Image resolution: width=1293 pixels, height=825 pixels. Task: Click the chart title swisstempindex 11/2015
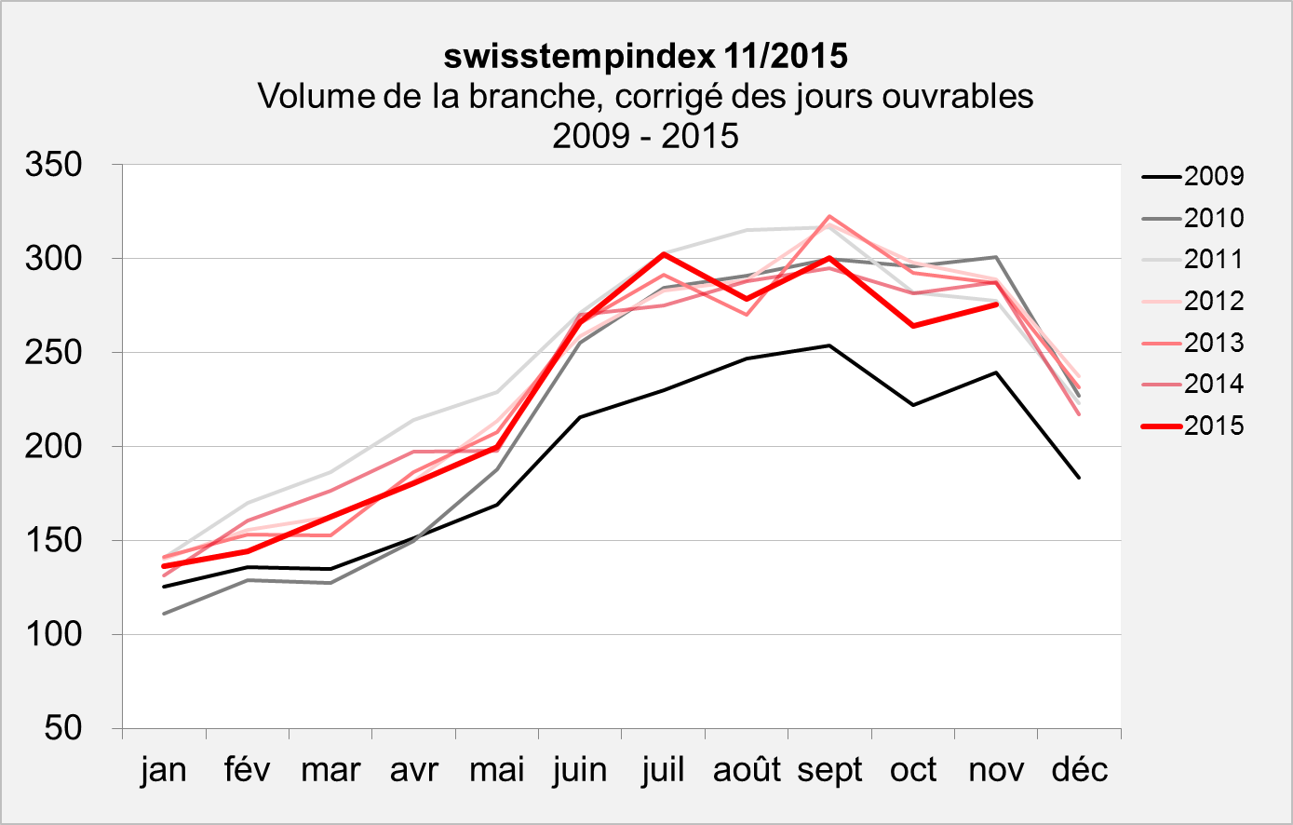coord(646,56)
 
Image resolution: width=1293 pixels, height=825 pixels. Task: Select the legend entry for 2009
coord(1214,176)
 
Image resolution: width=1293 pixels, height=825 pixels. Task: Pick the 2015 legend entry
coord(1214,426)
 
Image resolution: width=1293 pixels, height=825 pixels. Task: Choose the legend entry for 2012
coord(1214,301)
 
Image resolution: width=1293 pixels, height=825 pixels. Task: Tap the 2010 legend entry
coord(1214,218)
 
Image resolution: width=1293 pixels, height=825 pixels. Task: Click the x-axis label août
coord(747,770)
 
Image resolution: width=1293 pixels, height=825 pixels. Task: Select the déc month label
coord(1080,770)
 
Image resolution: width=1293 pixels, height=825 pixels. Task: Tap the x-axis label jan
coord(164,770)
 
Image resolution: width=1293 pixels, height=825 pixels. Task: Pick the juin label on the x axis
coord(580,770)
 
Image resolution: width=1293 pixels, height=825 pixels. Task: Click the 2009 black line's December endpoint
coord(1080,478)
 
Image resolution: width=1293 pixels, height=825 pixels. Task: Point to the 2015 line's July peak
coord(663,253)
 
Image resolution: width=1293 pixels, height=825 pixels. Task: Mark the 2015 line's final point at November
coord(996,304)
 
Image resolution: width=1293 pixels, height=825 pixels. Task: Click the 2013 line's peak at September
coord(828,216)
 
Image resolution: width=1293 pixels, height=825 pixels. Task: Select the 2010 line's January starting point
coord(164,614)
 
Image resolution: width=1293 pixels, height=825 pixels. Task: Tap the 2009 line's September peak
coord(828,345)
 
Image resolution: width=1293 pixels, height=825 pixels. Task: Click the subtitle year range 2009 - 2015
coord(646,136)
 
